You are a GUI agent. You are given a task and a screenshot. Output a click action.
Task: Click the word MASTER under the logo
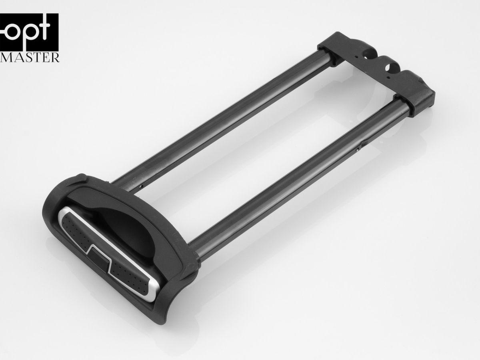click(30, 57)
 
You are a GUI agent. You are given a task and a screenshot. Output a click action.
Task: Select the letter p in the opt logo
click(30, 35)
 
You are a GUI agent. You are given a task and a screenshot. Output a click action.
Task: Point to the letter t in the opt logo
click(44, 29)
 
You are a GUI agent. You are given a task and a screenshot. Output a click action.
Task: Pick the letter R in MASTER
click(55, 57)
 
